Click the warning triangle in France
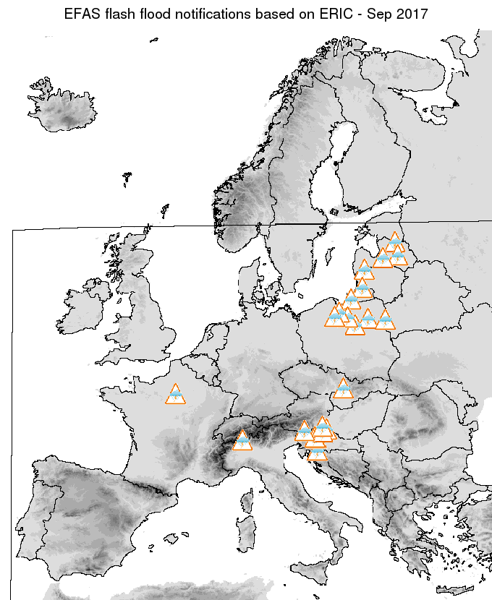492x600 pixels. point(175,395)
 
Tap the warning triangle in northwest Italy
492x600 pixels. point(242,440)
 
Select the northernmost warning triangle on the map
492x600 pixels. point(394,241)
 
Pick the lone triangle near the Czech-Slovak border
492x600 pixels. point(343,389)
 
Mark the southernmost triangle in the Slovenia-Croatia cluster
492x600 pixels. point(317,453)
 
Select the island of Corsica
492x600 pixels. point(251,501)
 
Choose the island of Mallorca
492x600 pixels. point(171,539)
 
